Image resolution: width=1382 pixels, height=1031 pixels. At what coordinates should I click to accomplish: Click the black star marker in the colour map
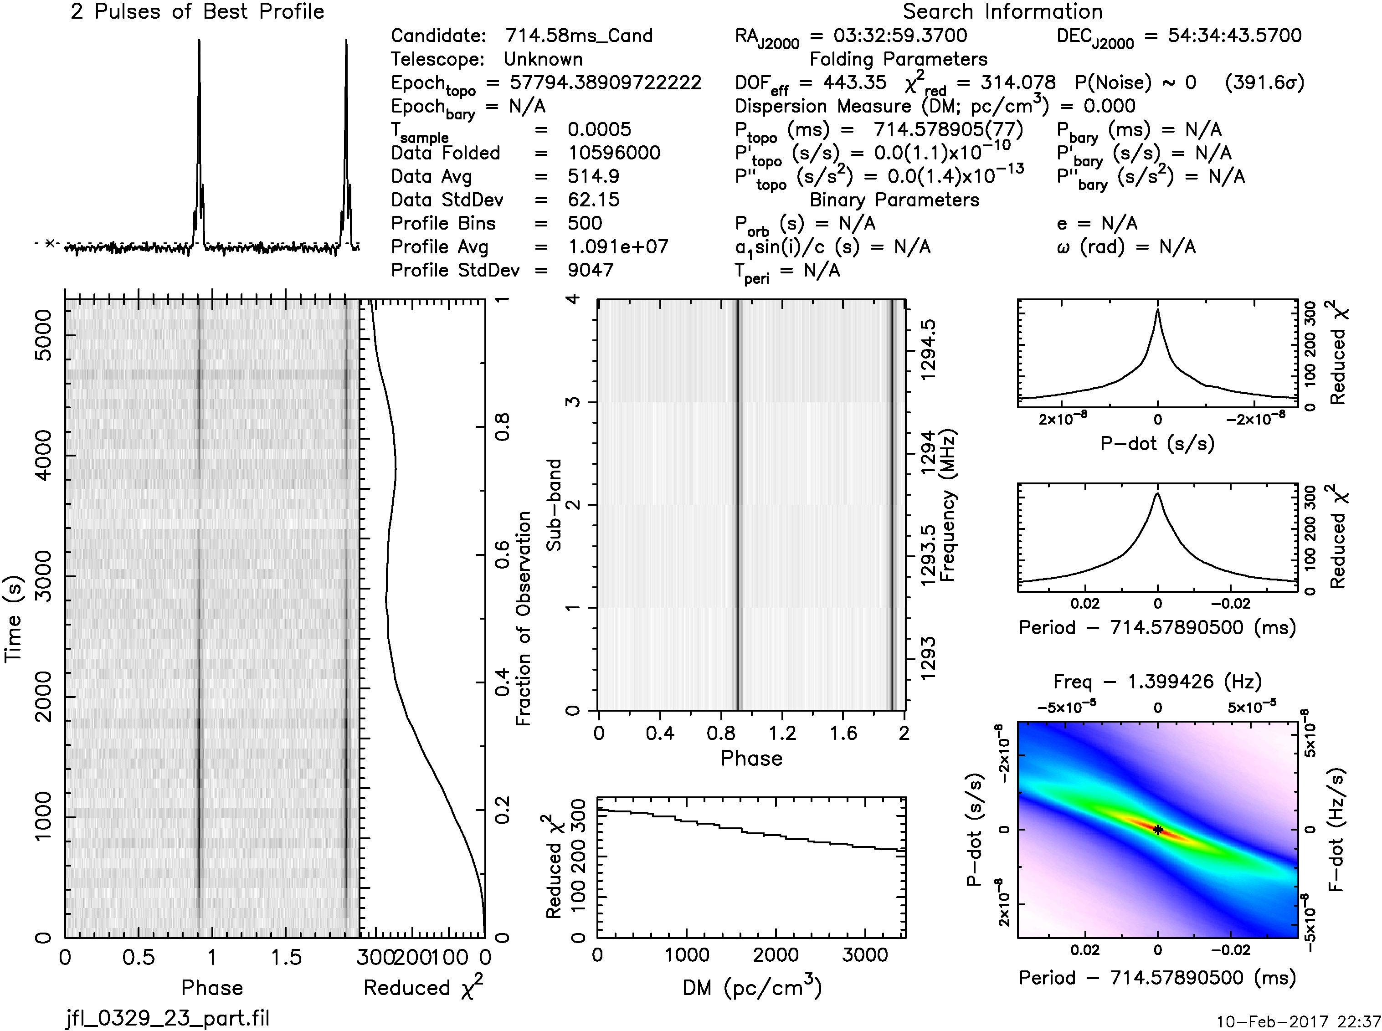[x=1157, y=830]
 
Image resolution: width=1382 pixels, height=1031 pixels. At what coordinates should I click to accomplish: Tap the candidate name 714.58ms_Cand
[x=579, y=36]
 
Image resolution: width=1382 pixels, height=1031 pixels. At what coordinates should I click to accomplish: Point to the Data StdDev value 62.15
[x=593, y=200]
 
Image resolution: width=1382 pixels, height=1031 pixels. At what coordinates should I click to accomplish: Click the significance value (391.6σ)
[x=1264, y=82]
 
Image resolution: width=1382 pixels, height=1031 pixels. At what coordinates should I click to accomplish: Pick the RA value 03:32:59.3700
[x=900, y=36]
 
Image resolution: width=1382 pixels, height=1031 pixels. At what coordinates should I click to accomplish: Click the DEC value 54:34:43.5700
[x=1234, y=36]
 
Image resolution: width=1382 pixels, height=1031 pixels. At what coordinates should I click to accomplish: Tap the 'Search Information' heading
[x=1002, y=11]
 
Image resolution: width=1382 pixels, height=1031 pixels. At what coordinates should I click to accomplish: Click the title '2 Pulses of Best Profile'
[x=197, y=11]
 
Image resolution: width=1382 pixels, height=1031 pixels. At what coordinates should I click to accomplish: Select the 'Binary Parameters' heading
[x=894, y=200]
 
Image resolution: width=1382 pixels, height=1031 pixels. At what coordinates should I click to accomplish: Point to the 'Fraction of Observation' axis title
[x=523, y=618]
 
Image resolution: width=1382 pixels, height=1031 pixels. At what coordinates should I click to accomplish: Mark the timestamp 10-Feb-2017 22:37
[x=1298, y=1021]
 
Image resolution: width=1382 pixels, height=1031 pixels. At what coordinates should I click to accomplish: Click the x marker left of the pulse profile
[x=51, y=243]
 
